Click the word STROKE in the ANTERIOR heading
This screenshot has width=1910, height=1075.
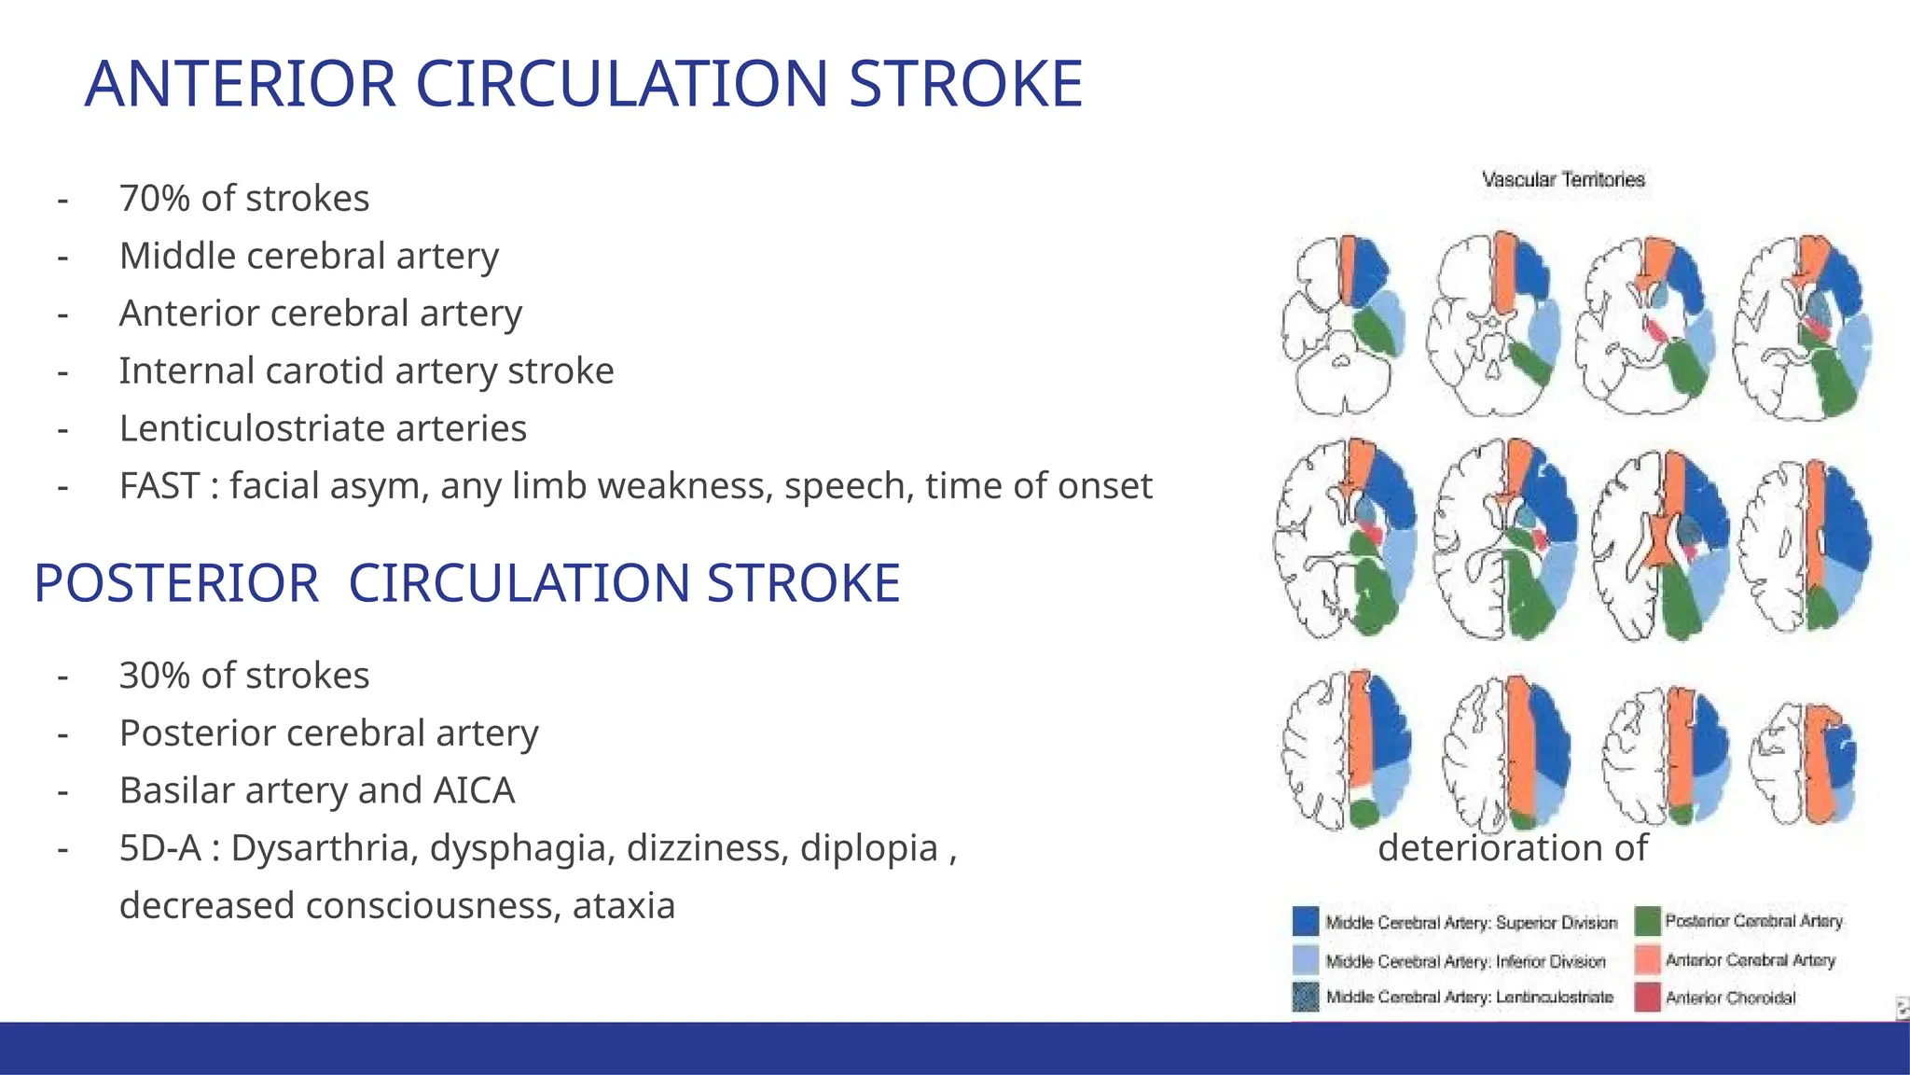click(x=965, y=84)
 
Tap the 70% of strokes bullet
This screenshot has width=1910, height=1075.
click(x=244, y=199)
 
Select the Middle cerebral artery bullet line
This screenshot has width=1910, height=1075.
click(x=309, y=256)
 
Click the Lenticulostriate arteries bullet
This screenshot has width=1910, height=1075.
click(x=323, y=428)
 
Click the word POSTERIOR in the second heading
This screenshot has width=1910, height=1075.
click(x=176, y=584)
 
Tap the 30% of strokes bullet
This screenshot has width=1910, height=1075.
click(x=244, y=676)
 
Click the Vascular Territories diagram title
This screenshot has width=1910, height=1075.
click(x=1563, y=179)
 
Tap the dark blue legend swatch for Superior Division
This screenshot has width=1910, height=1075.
click(x=1306, y=921)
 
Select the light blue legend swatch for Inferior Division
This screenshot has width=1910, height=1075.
click(x=1306, y=959)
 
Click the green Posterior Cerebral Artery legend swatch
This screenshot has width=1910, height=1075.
click(x=1648, y=921)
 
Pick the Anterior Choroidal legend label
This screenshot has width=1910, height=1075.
click(x=1730, y=998)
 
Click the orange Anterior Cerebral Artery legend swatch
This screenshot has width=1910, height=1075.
click(x=1648, y=959)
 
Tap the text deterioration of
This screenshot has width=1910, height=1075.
click(x=1512, y=848)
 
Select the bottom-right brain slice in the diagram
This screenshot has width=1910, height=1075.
click(x=1805, y=763)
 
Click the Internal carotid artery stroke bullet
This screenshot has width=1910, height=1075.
click(x=367, y=371)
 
